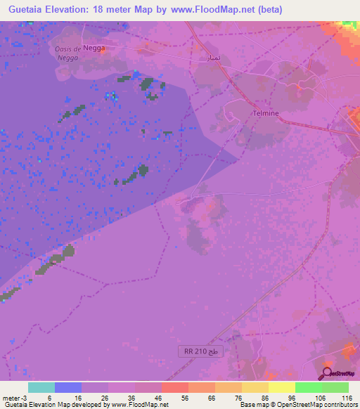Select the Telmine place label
point(266,112)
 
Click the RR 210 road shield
point(200,351)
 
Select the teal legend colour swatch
point(41,387)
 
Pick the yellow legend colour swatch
point(282,387)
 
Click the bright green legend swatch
point(309,387)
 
